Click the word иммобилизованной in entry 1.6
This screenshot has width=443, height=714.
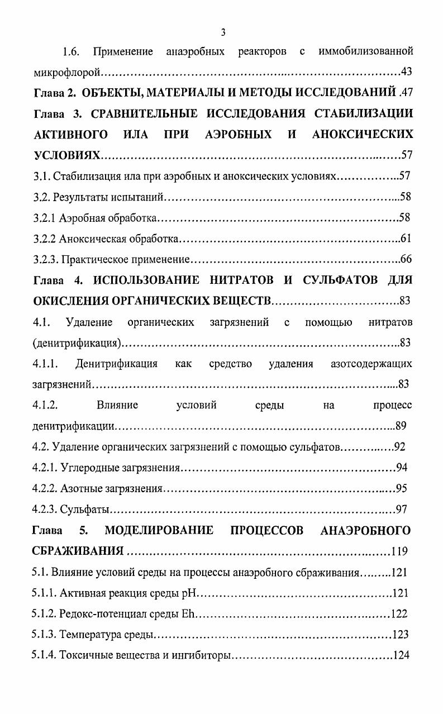pos(365,52)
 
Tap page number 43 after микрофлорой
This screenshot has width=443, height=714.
pos(407,72)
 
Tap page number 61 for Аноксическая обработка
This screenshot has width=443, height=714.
pos(406,239)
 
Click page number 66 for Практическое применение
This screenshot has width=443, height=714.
pos(406,259)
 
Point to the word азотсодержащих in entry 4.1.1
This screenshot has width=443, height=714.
pos(371,364)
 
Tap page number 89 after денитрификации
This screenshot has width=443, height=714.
pos(401,426)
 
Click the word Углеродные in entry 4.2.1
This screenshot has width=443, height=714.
pos(85,468)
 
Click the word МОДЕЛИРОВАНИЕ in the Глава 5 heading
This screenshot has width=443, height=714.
pos(159,530)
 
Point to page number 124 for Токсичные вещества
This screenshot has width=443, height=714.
pos(401,655)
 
